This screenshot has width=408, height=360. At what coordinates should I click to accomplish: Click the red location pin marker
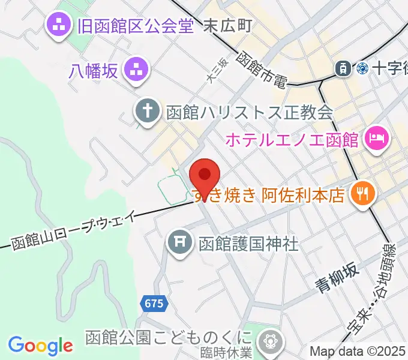coord(205,175)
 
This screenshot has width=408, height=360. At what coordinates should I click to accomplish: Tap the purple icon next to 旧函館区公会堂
coord(59,25)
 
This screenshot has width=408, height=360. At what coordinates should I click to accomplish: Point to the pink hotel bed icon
coord(377,140)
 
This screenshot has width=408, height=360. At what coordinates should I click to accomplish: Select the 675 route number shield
coord(154,304)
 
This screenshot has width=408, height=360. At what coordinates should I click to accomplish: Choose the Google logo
coord(40,345)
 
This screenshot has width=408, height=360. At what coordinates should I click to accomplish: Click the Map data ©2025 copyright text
coord(358,352)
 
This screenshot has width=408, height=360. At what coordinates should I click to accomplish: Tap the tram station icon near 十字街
coord(343,68)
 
